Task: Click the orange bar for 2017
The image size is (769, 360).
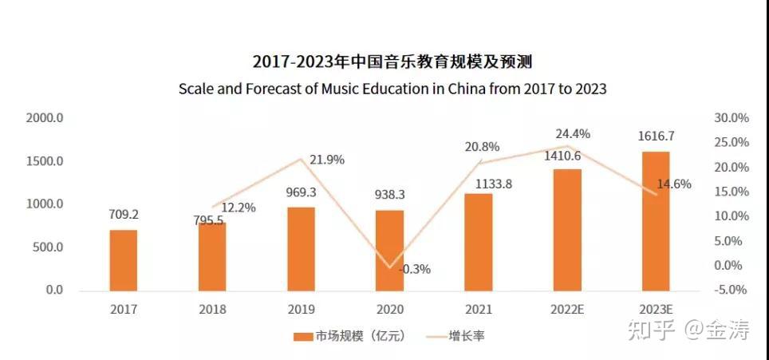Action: [123, 259]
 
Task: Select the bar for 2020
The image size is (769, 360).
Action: [390, 250]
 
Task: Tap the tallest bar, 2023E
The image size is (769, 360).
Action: [657, 220]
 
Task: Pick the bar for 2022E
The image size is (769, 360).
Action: [567, 229]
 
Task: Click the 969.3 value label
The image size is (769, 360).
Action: [301, 192]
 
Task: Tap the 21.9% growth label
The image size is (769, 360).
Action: [326, 160]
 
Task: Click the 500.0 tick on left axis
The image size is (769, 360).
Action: [47, 247]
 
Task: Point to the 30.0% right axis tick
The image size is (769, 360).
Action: [730, 118]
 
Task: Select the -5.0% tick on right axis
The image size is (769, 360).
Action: [730, 289]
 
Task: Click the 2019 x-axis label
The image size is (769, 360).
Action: [301, 309]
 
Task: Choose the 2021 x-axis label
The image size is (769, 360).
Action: [479, 309]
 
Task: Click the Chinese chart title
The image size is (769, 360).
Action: [391, 61]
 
